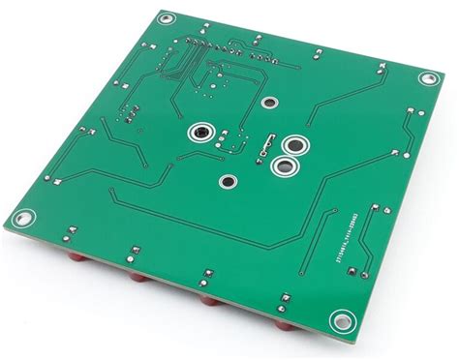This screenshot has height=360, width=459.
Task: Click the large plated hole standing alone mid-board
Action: point(201,132)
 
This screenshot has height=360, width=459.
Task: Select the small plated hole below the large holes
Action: point(229,181)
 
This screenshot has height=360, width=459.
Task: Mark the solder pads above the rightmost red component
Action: point(285,300)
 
